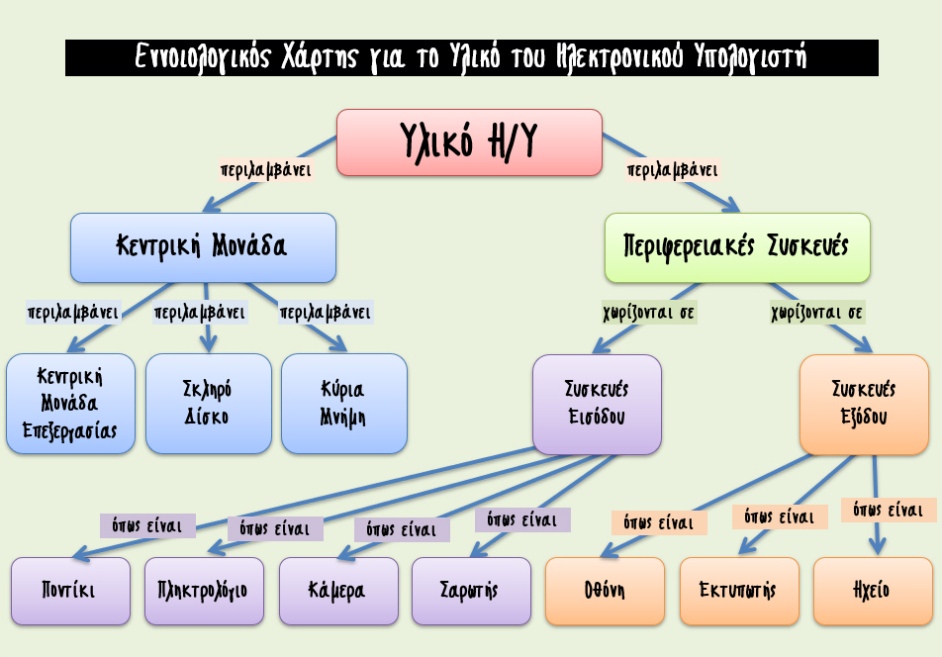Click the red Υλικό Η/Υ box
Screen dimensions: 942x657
pyautogui.click(x=469, y=142)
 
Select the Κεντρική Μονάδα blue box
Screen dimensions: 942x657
pyautogui.click(x=203, y=247)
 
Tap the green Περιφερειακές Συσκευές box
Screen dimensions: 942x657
pyautogui.click(x=737, y=247)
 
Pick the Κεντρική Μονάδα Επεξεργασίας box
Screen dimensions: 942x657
pyautogui.click(x=71, y=404)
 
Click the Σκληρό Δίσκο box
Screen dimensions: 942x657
pyautogui.click(x=209, y=404)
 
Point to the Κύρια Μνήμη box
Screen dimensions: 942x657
pyautogui.click(x=344, y=404)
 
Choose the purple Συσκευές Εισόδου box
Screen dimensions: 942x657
pyautogui.click(x=598, y=404)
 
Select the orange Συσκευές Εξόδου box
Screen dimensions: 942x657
pyautogui.click(x=865, y=404)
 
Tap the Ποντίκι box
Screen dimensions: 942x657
pyautogui.click(x=71, y=591)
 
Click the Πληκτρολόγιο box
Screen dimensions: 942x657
pyautogui.click(x=204, y=591)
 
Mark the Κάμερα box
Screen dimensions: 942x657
pyautogui.click(x=338, y=591)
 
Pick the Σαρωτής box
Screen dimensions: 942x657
pyautogui.click(x=472, y=591)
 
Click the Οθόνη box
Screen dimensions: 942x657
pyautogui.click(x=605, y=591)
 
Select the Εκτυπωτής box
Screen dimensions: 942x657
pyautogui.click(x=739, y=591)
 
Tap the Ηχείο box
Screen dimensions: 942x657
pyautogui.click(x=873, y=591)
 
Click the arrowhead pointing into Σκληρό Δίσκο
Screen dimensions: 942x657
pyautogui.click(x=208, y=344)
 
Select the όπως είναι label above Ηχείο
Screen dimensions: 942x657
pyautogui.click(x=889, y=510)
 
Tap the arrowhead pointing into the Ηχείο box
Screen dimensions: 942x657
pyautogui.click(x=877, y=546)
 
